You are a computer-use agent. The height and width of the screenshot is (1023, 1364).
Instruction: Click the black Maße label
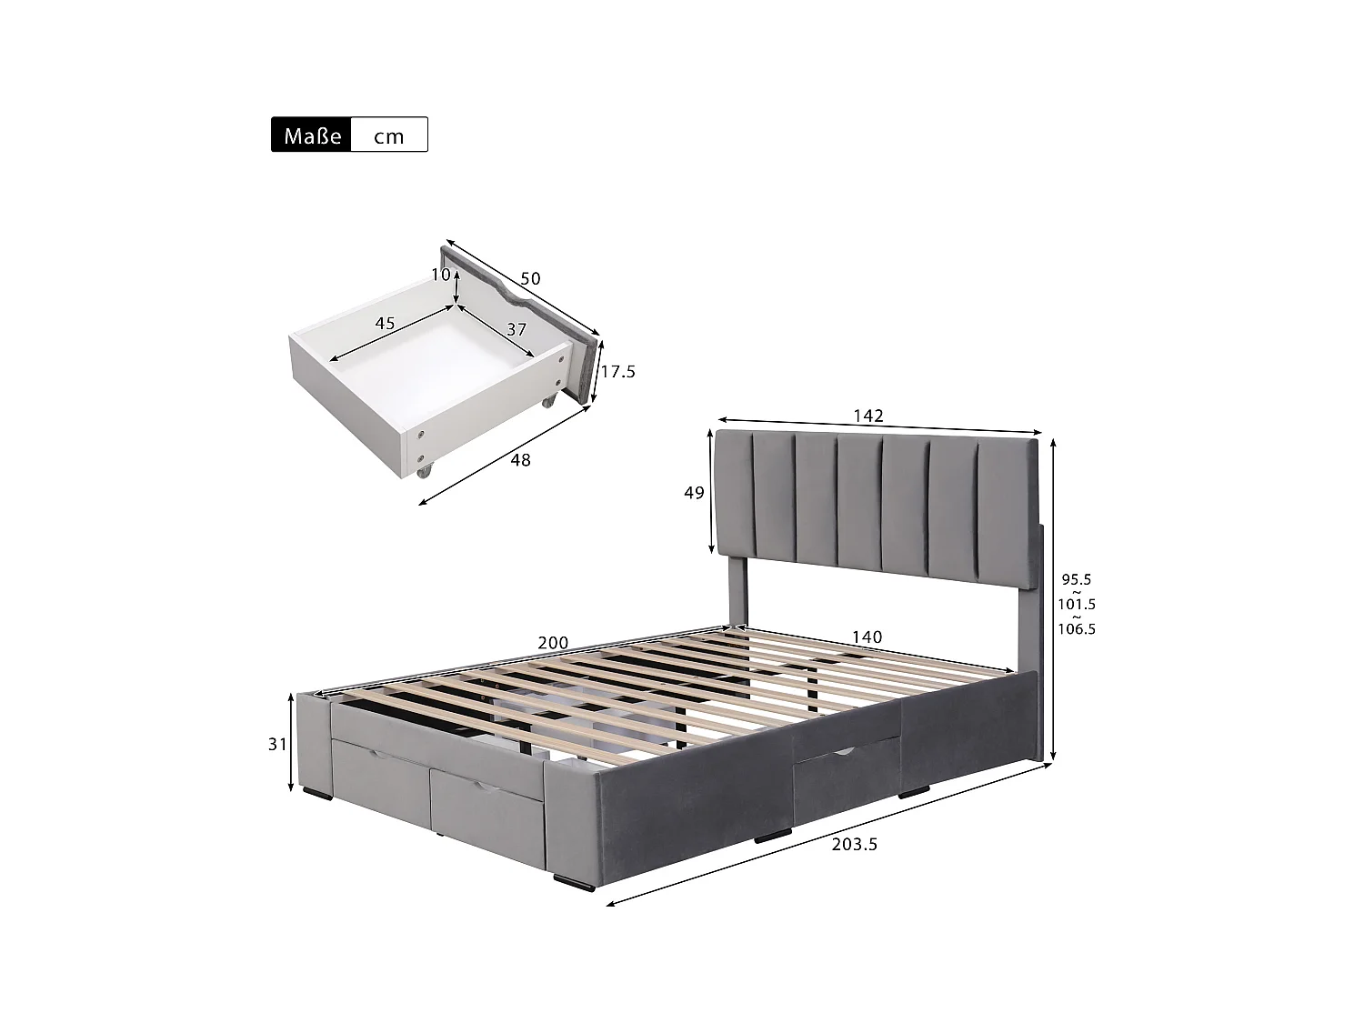click(311, 135)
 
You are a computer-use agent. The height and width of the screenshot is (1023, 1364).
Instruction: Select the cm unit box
click(389, 135)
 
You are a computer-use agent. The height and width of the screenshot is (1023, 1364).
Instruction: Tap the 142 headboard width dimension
click(868, 416)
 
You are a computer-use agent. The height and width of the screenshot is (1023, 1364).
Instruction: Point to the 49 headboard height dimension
click(694, 493)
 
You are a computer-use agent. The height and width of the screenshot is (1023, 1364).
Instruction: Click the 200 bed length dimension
click(553, 643)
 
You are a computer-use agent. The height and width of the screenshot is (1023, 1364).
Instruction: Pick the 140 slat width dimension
click(868, 637)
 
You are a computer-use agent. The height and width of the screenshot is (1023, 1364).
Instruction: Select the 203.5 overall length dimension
click(855, 844)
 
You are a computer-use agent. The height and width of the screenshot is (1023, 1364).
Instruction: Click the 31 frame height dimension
click(277, 744)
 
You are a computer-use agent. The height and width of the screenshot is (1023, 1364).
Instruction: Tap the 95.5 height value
click(1077, 579)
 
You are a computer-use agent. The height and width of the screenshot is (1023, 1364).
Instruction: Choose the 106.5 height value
click(1077, 628)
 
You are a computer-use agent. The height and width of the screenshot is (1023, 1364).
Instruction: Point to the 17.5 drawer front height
click(617, 371)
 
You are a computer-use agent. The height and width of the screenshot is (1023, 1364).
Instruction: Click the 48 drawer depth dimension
click(520, 460)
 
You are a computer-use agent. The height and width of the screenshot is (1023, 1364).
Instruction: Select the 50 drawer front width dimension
click(529, 278)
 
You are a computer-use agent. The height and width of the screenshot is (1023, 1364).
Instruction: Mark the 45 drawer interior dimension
click(385, 323)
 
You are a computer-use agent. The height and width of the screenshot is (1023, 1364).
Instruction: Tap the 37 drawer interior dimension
click(517, 329)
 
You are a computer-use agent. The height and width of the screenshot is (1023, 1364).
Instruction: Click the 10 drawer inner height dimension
click(441, 275)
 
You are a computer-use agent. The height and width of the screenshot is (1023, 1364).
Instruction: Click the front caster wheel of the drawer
click(425, 472)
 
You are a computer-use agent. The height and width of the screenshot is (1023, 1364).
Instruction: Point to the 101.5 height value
click(1077, 604)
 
